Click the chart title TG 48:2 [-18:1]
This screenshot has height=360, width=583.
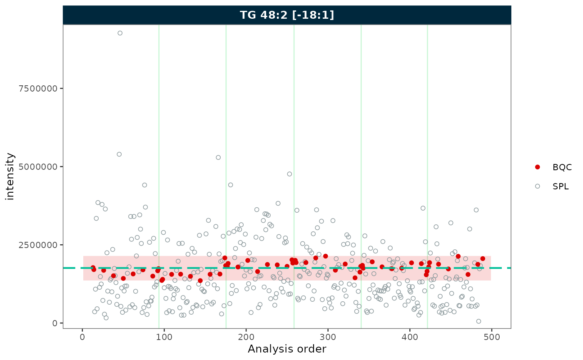click(x=287, y=15)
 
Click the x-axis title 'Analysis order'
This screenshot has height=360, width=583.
click(x=287, y=349)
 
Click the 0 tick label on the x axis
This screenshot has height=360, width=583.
click(x=82, y=336)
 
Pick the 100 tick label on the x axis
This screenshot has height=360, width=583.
click(x=164, y=336)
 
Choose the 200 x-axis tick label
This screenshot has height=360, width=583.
click(x=246, y=336)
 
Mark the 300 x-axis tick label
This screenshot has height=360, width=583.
click(x=328, y=336)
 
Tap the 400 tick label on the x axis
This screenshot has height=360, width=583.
click(x=410, y=336)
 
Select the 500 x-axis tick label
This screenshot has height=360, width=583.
click(x=491, y=336)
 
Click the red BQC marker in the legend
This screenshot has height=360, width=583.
click(x=537, y=167)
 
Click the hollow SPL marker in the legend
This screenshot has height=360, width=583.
click(x=537, y=186)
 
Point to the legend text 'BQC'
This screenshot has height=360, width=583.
click(x=562, y=167)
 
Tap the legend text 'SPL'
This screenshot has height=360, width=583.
click(x=561, y=186)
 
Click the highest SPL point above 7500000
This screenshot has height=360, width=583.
click(x=120, y=33)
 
